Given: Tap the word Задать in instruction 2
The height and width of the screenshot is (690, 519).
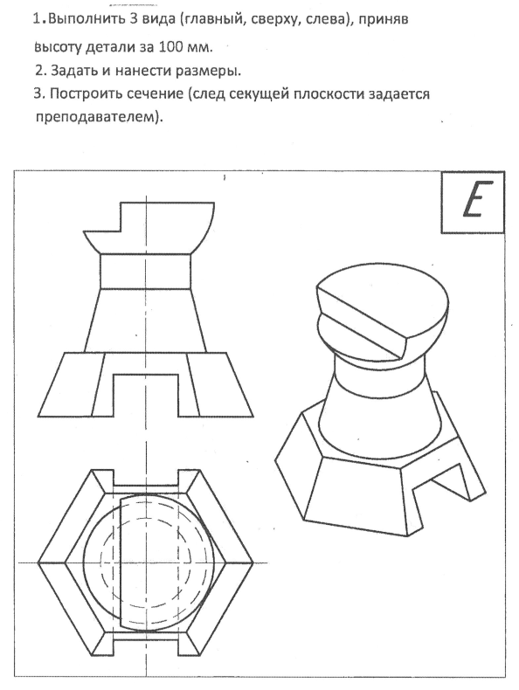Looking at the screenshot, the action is tap(74, 71).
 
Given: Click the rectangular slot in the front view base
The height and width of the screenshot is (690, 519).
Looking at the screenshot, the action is tap(146, 395).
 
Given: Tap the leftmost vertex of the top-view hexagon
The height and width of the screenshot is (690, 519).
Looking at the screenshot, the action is tap(38, 562).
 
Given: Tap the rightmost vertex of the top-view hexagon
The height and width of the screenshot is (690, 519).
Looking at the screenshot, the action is tap(253, 562).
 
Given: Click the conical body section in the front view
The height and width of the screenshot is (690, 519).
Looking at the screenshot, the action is tap(146, 321).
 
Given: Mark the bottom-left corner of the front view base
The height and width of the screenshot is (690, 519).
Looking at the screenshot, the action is tap(38, 416).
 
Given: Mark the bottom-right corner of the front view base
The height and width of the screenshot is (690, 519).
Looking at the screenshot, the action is tap(253, 416).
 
